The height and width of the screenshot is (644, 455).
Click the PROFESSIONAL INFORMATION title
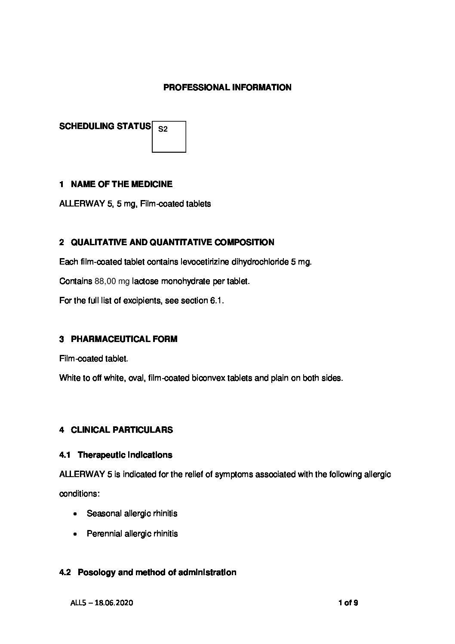pyautogui.click(x=227, y=87)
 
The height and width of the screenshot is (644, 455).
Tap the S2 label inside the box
pyautogui.click(x=163, y=129)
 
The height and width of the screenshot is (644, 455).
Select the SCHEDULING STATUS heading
pyautogui.click(x=105, y=126)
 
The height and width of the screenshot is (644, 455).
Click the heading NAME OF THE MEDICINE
pyautogui.click(x=121, y=184)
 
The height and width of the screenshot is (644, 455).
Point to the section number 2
pyautogui.click(x=61, y=243)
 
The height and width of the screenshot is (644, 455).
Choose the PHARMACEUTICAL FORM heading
pyautogui.click(x=124, y=339)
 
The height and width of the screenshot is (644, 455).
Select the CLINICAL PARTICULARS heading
pyautogui.click(x=122, y=430)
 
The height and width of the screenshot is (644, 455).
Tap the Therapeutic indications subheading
pyautogui.click(x=125, y=455)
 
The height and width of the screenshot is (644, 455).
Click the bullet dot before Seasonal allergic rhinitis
pyautogui.click(x=76, y=514)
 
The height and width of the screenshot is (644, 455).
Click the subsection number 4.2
pyautogui.click(x=65, y=572)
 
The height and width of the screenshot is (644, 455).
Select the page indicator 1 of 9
pyautogui.click(x=348, y=603)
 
